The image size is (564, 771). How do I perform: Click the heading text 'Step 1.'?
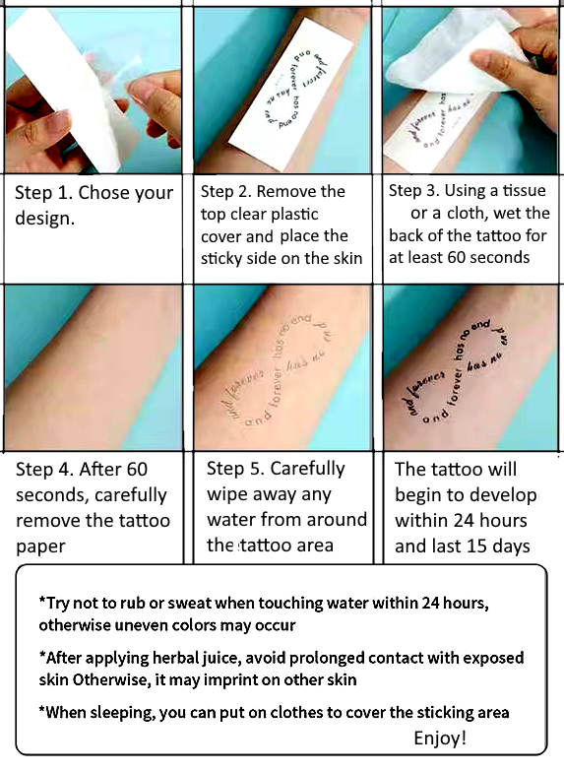coord(43,193)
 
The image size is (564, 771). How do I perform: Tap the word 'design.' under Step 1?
coord(43,218)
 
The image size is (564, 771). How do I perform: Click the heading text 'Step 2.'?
coord(229,192)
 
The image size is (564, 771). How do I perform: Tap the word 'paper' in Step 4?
coord(40,546)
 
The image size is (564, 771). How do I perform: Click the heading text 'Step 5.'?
coord(234,469)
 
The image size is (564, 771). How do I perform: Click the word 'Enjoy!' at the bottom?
coord(440,738)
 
